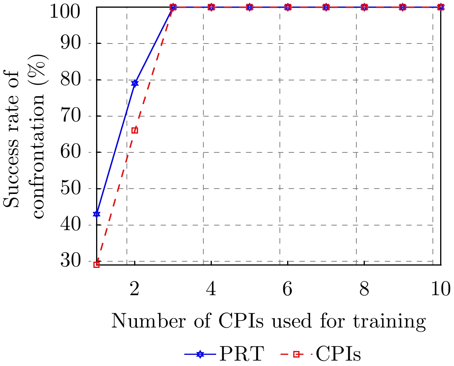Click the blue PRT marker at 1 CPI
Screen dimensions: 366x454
(x=96, y=214)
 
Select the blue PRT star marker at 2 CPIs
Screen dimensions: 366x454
(x=135, y=83)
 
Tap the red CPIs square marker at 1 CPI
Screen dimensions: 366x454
(x=96, y=265)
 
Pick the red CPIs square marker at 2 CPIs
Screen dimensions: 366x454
(x=135, y=130)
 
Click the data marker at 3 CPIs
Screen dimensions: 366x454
(x=173, y=7)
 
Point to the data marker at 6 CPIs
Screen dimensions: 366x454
(x=288, y=7)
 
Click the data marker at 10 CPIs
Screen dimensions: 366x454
(x=441, y=7)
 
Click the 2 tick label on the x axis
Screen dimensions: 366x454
(x=135, y=289)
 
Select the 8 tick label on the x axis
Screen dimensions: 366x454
(x=364, y=289)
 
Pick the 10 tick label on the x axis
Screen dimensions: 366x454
(x=441, y=289)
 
